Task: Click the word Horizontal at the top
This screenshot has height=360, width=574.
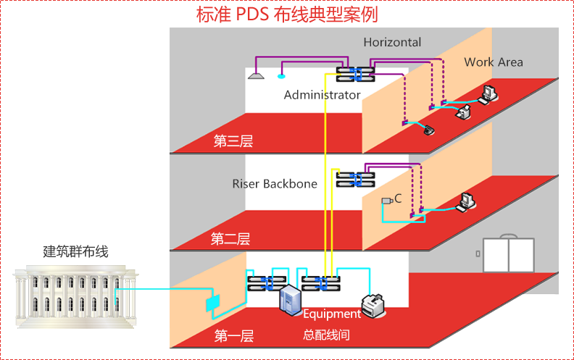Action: click(392, 43)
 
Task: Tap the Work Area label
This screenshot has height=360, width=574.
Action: click(493, 62)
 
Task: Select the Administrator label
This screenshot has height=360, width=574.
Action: click(322, 95)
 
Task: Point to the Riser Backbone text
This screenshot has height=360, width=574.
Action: click(275, 184)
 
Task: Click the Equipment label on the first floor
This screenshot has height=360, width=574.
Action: click(332, 314)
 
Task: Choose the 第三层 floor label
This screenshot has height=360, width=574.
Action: click(233, 141)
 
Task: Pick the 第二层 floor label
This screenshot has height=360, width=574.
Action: click(230, 238)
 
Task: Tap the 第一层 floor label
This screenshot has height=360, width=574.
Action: click(233, 335)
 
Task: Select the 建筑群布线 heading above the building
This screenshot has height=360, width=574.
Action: click(75, 251)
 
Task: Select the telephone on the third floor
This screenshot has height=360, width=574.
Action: click(428, 130)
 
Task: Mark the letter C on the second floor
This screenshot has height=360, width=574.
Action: click(398, 198)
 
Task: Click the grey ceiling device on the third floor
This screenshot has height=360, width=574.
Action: click(254, 74)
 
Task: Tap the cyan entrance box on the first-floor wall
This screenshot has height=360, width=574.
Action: click(212, 302)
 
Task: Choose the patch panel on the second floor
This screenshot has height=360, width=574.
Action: click(356, 179)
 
